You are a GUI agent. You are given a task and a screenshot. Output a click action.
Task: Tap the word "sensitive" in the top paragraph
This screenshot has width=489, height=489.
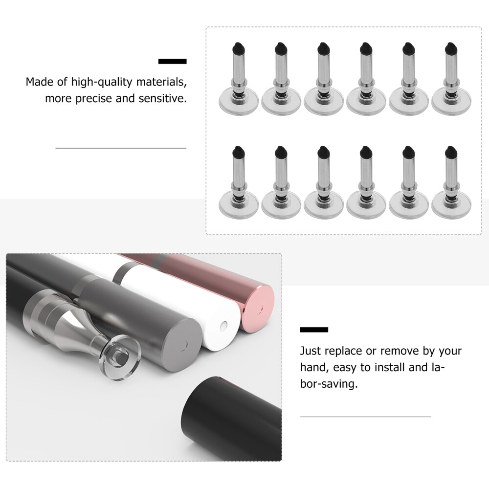click(161, 98)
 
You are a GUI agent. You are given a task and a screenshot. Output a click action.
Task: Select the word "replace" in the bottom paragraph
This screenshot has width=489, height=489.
click(344, 351)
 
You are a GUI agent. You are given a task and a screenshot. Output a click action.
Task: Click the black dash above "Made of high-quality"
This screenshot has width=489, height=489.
click(172, 62)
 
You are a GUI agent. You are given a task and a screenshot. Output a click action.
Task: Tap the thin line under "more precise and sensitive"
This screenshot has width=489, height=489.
click(121, 148)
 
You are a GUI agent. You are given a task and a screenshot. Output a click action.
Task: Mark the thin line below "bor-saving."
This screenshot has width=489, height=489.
click(365, 417)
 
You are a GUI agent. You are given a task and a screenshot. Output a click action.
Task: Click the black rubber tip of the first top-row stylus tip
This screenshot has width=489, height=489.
click(237, 48)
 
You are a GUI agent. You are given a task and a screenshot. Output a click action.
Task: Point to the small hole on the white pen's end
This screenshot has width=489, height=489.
click(223, 325)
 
